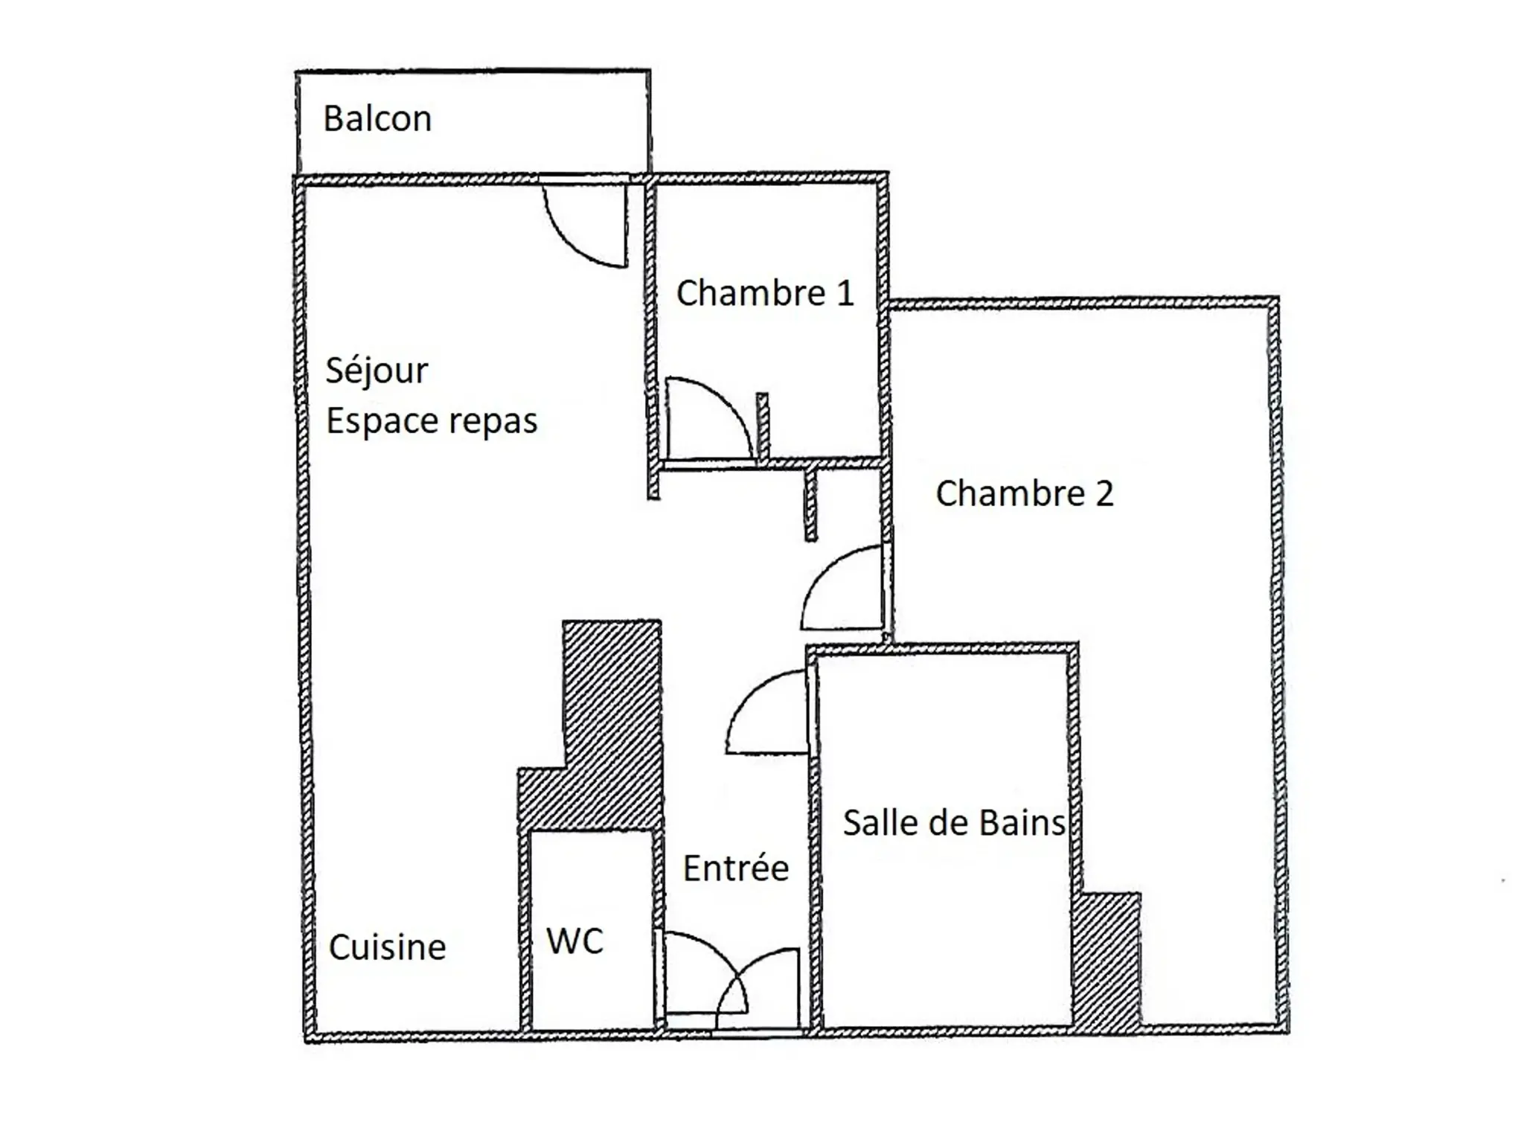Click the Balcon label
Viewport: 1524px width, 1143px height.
pos(377,119)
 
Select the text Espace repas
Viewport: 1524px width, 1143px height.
pos(432,422)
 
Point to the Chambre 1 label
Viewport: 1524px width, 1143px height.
pos(764,293)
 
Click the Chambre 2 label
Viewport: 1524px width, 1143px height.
pos(1024,493)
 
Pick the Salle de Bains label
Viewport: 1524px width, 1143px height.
pos(954,823)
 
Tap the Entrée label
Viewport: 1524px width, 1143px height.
pos(736,868)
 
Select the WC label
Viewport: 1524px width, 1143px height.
pos(574,941)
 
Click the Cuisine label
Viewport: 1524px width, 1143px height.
pos(387,947)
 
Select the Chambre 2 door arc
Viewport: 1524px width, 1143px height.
pos(822,573)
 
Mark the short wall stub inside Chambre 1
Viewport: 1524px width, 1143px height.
pos(763,426)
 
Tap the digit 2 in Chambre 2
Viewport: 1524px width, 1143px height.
pos(1104,493)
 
